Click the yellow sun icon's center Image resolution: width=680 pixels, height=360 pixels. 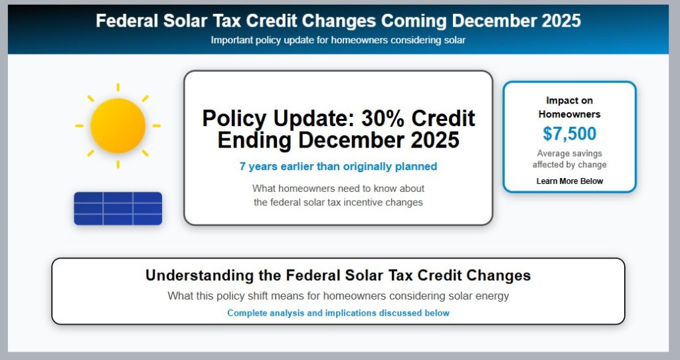coord(118,126)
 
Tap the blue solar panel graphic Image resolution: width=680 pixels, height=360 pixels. coord(118,209)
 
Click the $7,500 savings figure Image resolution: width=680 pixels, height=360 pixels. coord(569,134)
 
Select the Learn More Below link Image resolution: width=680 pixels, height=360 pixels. coord(569,181)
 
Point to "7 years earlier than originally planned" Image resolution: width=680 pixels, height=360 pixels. coord(338,167)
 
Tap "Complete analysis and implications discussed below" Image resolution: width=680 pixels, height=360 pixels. coord(338,313)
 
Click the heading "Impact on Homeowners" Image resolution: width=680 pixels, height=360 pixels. coord(569,107)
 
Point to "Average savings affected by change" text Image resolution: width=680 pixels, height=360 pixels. coord(569,159)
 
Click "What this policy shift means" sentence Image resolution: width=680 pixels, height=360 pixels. coord(338,296)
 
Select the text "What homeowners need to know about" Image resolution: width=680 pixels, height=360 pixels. coord(338,189)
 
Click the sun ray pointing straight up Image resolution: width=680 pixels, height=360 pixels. coord(118,87)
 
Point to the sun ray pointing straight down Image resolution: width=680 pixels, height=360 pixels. coord(118,164)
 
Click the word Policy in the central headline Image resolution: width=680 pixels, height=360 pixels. coord(234,118)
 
